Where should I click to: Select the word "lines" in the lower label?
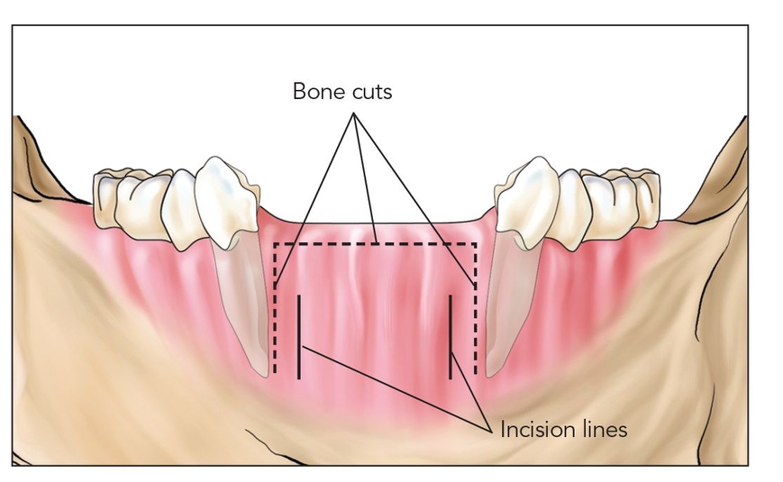(x=604, y=430)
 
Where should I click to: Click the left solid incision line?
(x=298, y=337)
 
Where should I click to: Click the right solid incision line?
(x=451, y=337)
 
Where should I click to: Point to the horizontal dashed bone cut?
(x=375, y=244)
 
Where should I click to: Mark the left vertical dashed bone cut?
(x=275, y=308)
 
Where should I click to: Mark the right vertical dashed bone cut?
(x=476, y=308)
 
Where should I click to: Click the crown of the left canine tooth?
(x=227, y=200)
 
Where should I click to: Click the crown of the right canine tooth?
(x=527, y=201)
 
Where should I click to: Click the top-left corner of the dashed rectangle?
(x=275, y=244)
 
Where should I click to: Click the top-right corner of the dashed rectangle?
(x=476, y=244)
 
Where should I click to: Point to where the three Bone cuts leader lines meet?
(x=354, y=114)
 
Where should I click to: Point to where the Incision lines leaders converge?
(x=488, y=430)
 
